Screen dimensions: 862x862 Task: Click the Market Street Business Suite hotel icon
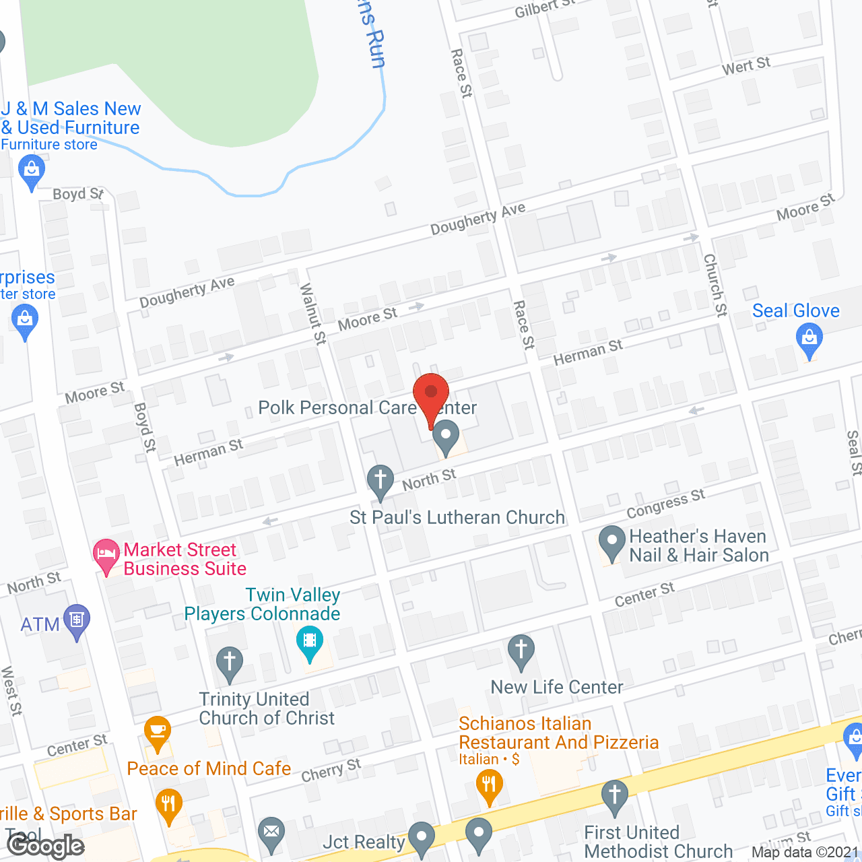pyautogui.click(x=106, y=556)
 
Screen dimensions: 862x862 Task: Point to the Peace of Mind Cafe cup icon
pyautogui.click(x=158, y=731)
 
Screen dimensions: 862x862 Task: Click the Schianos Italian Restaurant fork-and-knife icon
pyautogui.click(x=490, y=785)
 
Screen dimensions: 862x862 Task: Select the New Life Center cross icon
pyautogui.click(x=521, y=651)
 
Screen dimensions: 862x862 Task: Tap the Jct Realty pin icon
pyautogui.click(x=422, y=838)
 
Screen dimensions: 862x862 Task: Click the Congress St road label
pyautogui.click(x=665, y=504)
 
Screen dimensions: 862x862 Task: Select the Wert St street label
pyautogui.click(x=745, y=66)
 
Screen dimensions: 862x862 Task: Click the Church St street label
pyautogui.click(x=715, y=285)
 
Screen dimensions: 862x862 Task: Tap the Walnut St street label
pyautogui.click(x=312, y=314)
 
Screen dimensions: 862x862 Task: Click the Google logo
pyautogui.click(x=46, y=846)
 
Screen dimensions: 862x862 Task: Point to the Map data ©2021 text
pyautogui.click(x=805, y=853)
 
